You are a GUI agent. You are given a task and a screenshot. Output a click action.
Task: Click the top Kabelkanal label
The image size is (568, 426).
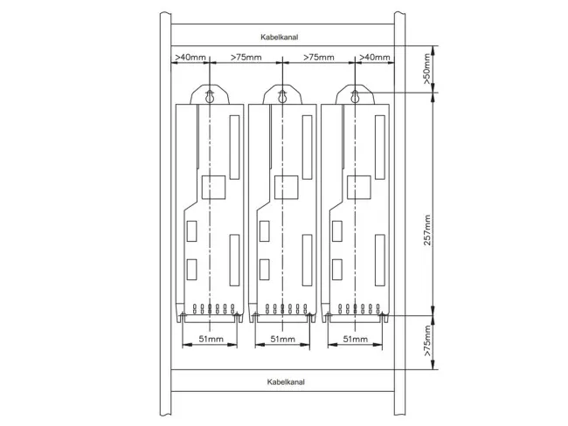point(280,37)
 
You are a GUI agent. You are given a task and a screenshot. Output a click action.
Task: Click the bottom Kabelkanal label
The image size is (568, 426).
point(286,381)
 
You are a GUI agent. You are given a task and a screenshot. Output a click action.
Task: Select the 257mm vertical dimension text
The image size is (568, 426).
point(427,230)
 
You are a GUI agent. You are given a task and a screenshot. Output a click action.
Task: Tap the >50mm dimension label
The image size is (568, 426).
point(427,69)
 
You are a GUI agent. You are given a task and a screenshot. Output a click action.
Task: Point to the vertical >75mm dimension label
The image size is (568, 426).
point(427,340)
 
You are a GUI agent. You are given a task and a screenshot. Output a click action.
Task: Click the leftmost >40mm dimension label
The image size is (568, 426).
point(190,58)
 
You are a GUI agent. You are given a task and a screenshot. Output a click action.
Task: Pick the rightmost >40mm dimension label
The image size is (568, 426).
point(375,58)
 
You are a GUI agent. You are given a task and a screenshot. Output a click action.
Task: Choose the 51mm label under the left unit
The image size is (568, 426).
point(211,339)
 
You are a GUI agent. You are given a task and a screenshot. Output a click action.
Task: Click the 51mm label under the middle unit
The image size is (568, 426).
point(283,339)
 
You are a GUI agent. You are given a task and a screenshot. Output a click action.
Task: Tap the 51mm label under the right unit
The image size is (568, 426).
point(356,339)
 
